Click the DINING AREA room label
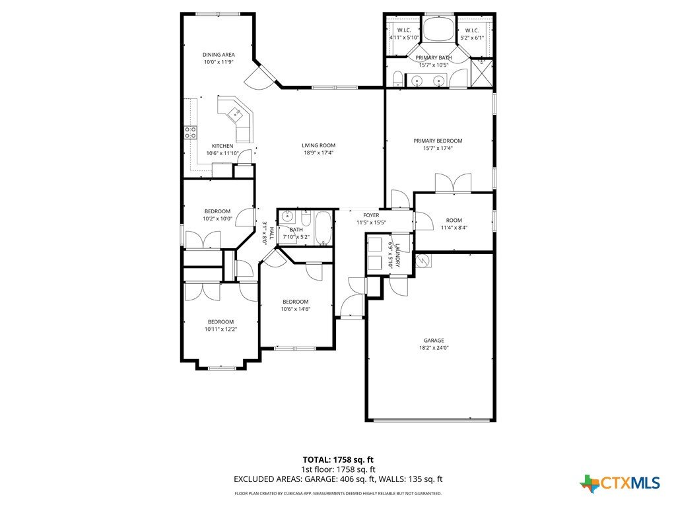coord(219,55)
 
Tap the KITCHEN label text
coord(222,146)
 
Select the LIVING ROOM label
coord(319,145)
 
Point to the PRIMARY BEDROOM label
coord(438,141)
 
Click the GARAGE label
coord(434,341)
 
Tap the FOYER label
coord(371,215)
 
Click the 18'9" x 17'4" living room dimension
coord(319,152)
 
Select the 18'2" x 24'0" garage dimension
coord(434,348)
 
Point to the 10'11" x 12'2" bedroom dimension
coord(221,329)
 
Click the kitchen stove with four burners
coord(191,132)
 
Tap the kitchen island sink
coord(236,112)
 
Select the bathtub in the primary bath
coord(438,29)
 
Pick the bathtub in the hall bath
coord(323,228)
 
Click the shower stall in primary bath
coord(481,73)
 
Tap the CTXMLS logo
coord(620,483)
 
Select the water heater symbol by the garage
coord(422,261)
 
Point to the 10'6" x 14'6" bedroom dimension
coord(296,309)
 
